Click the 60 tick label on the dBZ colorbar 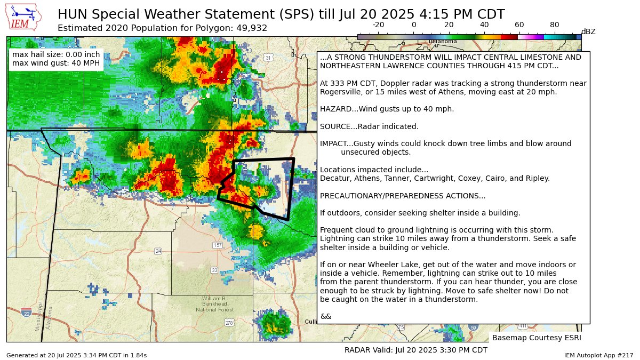pos(519,25)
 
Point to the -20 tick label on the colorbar pos(378,25)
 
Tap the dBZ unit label pos(588,31)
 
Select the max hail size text pos(56,54)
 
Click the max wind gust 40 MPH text pos(56,63)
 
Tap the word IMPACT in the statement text pos(334,143)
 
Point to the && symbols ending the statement pos(325,316)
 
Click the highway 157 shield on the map pos(217,245)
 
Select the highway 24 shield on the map pos(158,251)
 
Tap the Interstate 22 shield pos(26,312)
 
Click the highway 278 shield pos(229,323)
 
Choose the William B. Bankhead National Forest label pos(214,304)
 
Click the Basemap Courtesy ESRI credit pos(536,338)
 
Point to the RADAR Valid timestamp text pos(416,350)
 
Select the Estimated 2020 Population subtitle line pos(162,28)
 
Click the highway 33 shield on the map pos(214,270)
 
